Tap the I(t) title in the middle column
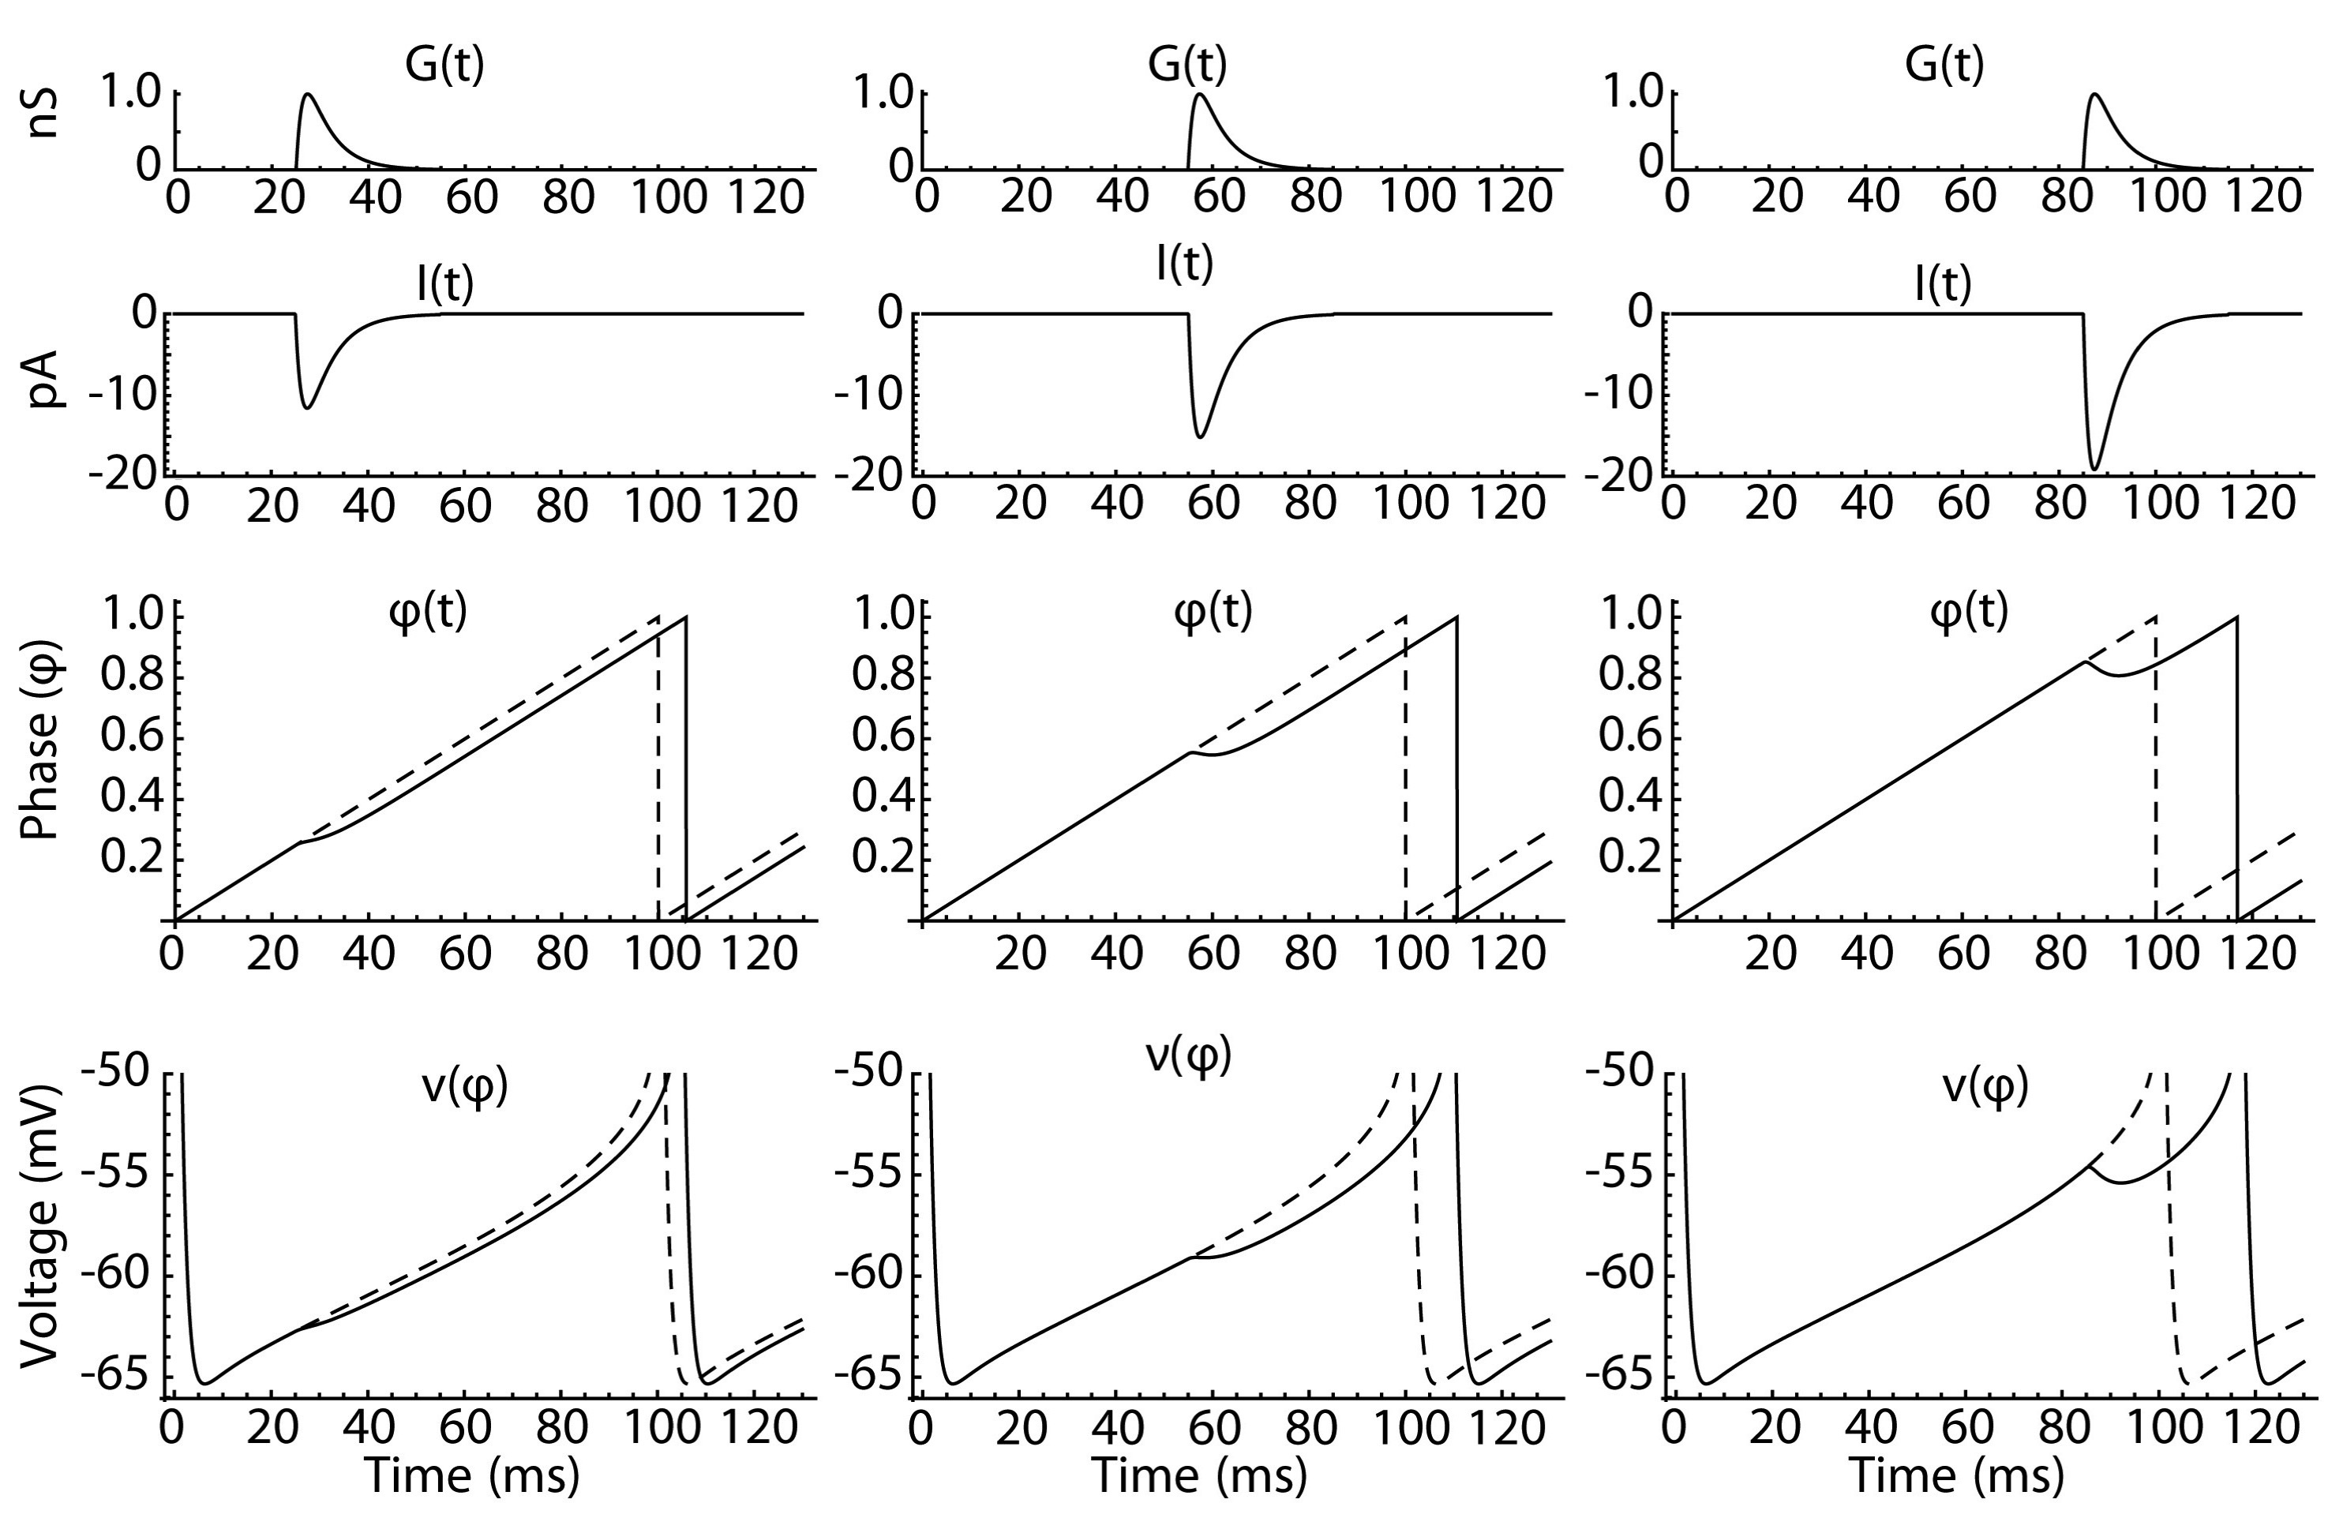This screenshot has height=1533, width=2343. pyautogui.click(x=1184, y=264)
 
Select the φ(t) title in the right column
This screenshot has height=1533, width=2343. pyautogui.click(x=1969, y=613)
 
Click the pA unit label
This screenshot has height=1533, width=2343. pyautogui.click(x=43, y=379)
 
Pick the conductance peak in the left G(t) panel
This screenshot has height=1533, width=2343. pyautogui.click(x=308, y=96)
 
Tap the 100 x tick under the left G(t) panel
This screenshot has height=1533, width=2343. pyautogui.click(x=669, y=198)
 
